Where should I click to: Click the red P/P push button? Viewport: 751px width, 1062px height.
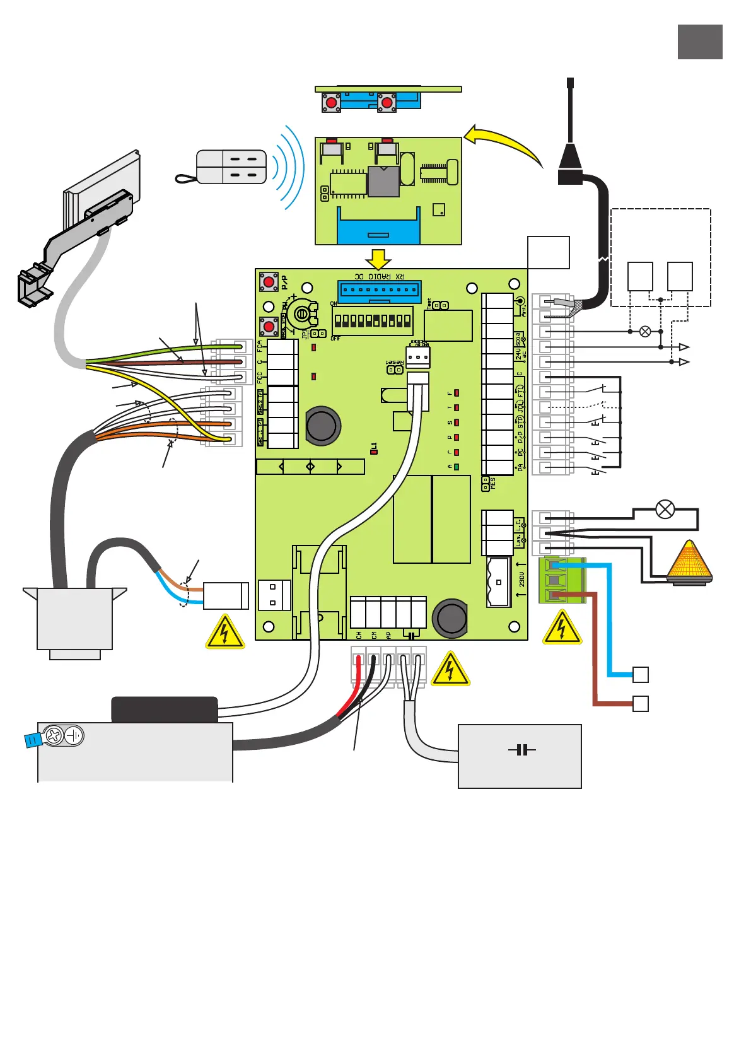click(269, 281)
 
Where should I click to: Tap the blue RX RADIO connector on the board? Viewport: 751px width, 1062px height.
click(380, 291)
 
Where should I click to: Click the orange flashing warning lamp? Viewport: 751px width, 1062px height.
click(689, 563)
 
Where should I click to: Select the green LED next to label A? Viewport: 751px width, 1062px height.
click(457, 467)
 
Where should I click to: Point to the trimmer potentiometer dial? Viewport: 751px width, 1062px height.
click(302, 313)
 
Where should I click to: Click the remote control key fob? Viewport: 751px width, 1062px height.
click(231, 167)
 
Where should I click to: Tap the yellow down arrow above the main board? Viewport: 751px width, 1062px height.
click(378, 259)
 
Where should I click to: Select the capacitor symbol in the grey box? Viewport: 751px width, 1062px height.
click(521, 750)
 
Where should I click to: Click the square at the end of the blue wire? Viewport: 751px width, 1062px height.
click(640, 674)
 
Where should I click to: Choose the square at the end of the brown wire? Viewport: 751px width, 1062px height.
click(640, 703)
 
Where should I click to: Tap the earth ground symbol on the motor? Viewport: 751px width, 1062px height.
click(74, 735)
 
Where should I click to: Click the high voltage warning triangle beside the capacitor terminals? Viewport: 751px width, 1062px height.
click(450, 669)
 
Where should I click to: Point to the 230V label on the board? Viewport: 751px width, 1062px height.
click(521, 580)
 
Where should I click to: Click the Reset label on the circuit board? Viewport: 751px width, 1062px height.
click(395, 362)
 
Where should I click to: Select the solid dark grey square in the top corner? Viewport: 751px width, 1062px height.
click(700, 42)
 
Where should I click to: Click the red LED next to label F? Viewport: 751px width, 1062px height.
click(457, 393)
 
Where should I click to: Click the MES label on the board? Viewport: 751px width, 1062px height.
click(492, 484)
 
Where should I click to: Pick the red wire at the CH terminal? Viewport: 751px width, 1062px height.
click(358, 668)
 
